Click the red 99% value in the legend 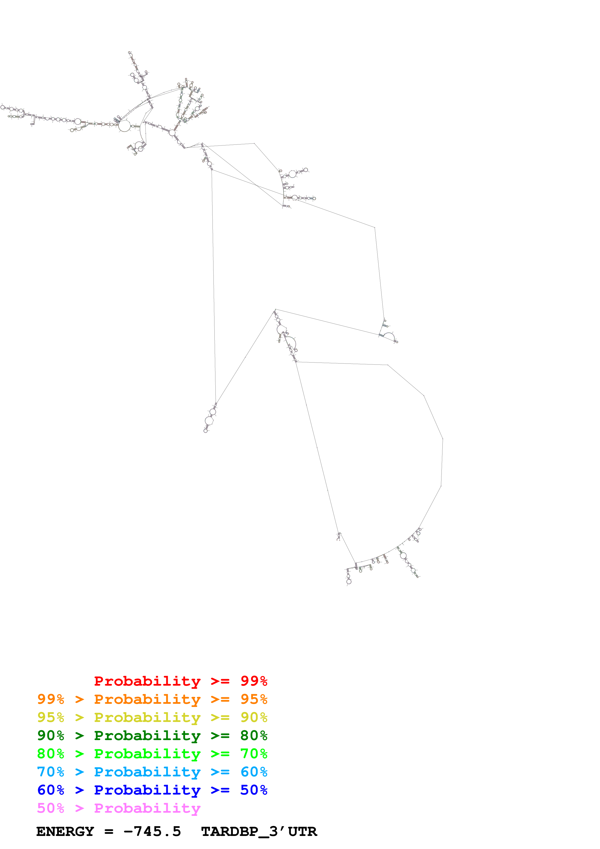(254, 681)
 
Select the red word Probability (147, 681)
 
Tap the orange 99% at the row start (51, 699)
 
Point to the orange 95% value (254, 699)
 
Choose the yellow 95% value (51, 717)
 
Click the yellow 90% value (254, 717)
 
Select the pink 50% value (51, 808)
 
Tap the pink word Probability (147, 808)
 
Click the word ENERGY (65, 831)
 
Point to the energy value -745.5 (152, 831)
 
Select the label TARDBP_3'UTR (259, 831)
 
